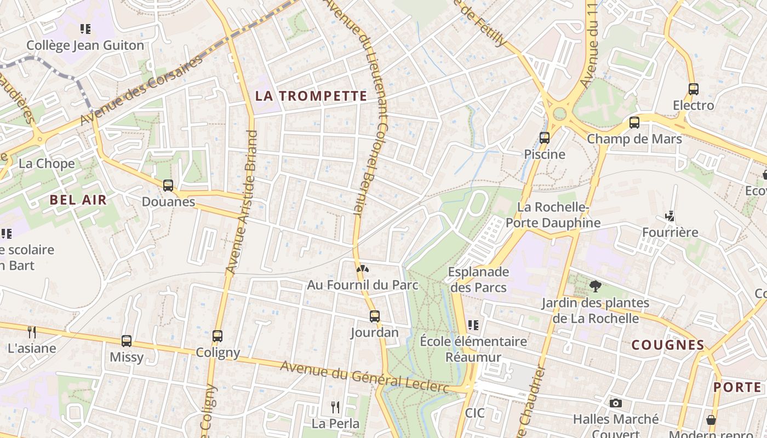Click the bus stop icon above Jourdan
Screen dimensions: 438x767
coord(375,316)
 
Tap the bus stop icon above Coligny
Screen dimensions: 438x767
coord(217,336)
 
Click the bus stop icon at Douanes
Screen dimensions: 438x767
coord(168,186)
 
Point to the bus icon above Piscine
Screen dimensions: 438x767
coord(544,138)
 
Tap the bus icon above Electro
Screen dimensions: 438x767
coord(693,89)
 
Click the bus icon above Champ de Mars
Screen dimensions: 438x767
coord(634,123)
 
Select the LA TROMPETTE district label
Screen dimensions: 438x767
coord(311,96)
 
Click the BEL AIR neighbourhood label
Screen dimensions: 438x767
coord(78,199)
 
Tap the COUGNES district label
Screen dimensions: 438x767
coord(668,345)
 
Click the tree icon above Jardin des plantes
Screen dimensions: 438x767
coord(595,286)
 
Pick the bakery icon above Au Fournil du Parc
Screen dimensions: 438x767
coord(362,268)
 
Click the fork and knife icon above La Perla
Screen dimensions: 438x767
coord(335,407)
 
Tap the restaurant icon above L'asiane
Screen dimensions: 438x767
coord(32,332)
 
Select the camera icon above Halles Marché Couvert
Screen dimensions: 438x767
coord(616,404)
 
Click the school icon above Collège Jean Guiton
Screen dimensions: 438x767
coord(85,28)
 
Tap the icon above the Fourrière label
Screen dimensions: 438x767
coord(669,216)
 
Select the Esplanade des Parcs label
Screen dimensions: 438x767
coord(478,279)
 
